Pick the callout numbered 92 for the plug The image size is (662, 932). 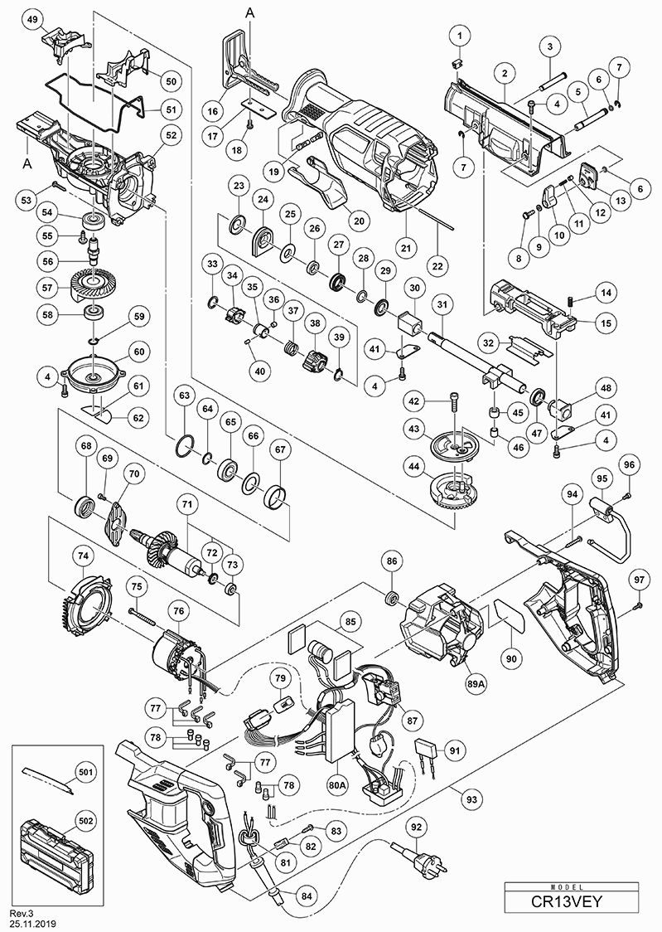pyautogui.click(x=416, y=827)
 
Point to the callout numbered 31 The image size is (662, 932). pyautogui.click(x=442, y=305)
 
